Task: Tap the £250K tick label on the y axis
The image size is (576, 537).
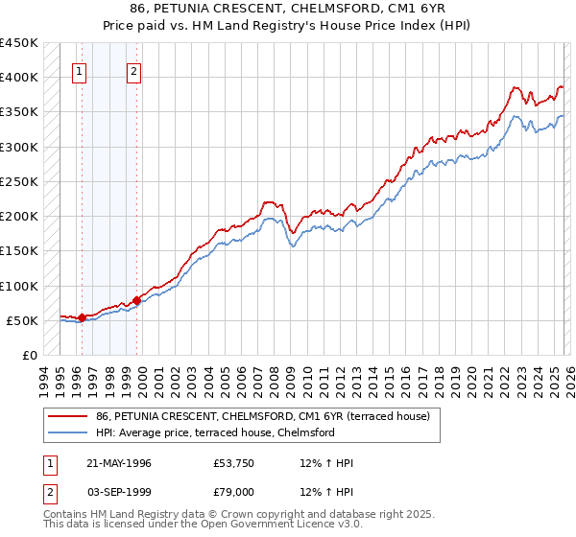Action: click(x=19, y=181)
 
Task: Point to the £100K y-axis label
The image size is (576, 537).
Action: click(x=19, y=286)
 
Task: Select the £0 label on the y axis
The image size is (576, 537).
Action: click(x=29, y=356)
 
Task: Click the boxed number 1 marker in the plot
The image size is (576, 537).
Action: click(x=81, y=70)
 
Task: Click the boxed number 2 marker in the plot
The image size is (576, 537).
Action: click(x=134, y=70)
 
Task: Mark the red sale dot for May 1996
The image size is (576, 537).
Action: click(x=83, y=317)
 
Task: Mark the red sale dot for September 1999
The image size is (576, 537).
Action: click(x=136, y=300)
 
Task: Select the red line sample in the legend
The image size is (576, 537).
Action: click(x=68, y=416)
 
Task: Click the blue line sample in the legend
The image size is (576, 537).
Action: click(x=68, y=432)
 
